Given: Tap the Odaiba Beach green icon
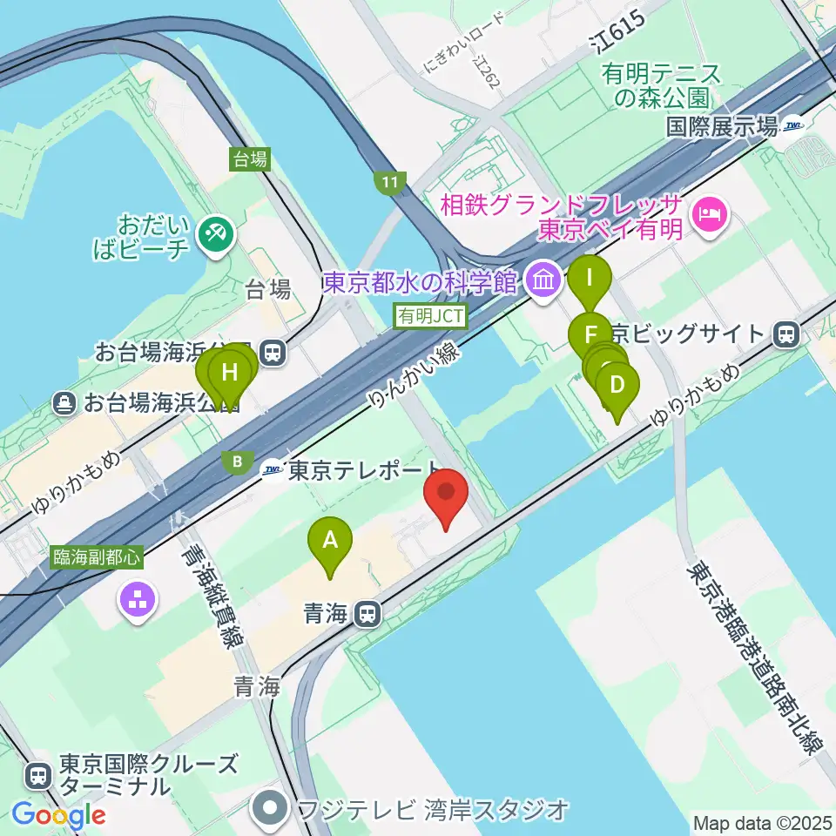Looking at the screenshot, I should (212, 233).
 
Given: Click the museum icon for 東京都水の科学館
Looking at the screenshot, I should (545, 281).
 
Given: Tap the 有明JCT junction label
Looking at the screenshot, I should (431, 315).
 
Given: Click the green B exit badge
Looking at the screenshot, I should (235, 462).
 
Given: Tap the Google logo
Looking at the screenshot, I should (58, 815).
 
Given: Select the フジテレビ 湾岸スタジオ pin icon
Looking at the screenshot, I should (271, 809).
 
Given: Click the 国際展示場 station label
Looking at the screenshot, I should (721, 127).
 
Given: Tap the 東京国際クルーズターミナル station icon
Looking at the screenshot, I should (39, 773).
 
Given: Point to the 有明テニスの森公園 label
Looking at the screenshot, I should (662, 85).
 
